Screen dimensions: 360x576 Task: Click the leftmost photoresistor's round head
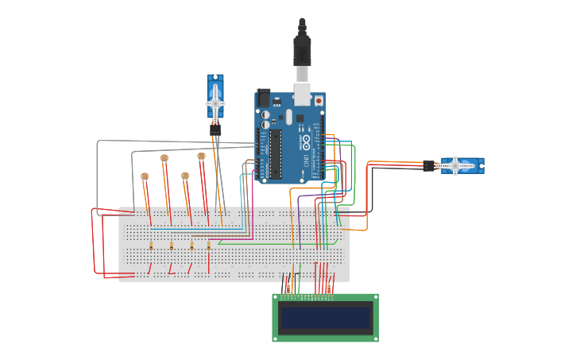(145, 176)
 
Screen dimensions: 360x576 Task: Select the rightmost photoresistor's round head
(201, 157)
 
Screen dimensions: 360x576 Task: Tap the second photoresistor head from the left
(164, 158)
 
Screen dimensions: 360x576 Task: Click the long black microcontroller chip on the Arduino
(276, 153)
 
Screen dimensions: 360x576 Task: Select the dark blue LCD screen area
(326, 319)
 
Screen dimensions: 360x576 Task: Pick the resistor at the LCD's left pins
(288, 288)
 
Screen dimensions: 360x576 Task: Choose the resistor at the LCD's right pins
(329, 288)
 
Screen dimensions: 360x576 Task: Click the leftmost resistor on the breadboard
(151, 246)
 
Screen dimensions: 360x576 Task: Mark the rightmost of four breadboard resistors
(209, 246)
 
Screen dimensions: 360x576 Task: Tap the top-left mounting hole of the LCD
(276, 298)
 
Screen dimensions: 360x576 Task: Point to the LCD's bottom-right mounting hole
(374, 338)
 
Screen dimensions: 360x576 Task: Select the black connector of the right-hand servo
(429, 165)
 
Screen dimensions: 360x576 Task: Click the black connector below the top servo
(215, 130)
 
